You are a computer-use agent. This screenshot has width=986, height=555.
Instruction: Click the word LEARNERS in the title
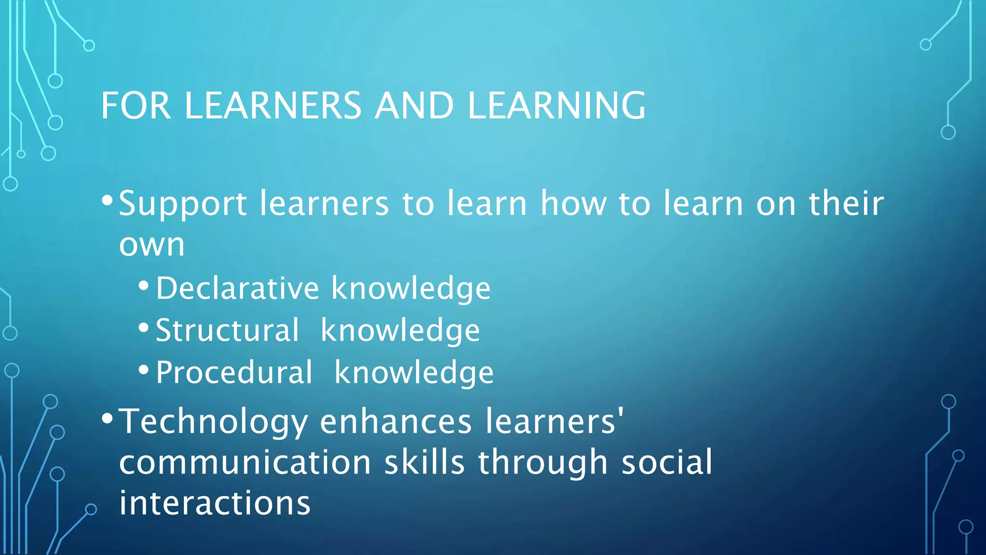[x=272, y=106]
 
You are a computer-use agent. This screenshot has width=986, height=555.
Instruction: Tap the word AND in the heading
[x=414, y=106]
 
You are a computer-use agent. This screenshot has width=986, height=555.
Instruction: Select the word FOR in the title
[x=136, y=106]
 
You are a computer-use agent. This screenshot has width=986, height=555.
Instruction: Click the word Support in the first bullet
[x=183, y=205]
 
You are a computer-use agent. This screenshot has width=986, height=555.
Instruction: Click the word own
[x=152, y=245]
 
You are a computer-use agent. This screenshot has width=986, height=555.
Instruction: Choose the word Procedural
[x=234, y=373]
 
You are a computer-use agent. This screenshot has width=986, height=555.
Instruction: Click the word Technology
[x=213, y=422]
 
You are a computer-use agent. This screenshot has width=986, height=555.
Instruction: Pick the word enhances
[x=396, y=422]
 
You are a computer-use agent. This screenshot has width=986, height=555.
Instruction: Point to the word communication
[x=245, y=462]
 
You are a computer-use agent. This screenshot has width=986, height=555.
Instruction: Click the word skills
[x=424, y=462]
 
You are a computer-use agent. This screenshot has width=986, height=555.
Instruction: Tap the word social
[x=667, y=462]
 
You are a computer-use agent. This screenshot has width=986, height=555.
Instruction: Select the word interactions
[x=215, y=503]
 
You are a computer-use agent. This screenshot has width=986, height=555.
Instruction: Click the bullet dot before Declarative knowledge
[x=143, y=286]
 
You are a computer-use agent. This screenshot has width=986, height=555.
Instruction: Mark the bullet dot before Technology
[x=107, y=418]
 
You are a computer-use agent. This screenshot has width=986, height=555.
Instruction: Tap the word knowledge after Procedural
[x=414, y=373]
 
